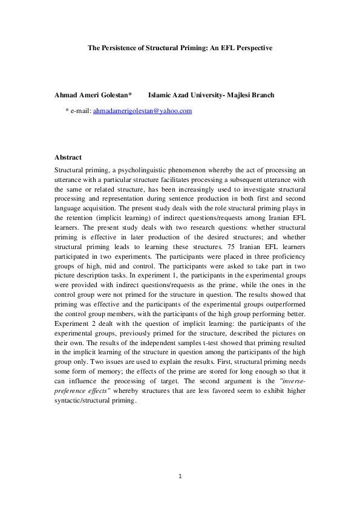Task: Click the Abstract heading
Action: [x=68, y=157]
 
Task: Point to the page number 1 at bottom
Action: [x=180, y=476]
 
